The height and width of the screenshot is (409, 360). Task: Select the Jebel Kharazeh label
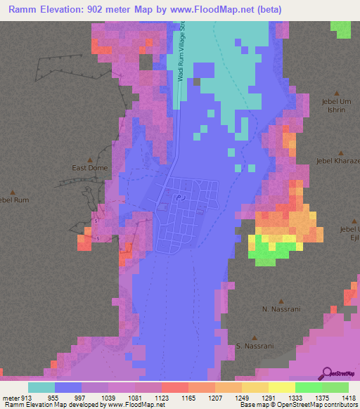[338, 161]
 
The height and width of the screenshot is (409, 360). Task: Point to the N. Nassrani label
[276, 309]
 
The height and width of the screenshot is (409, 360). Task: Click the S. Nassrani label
[254, 346]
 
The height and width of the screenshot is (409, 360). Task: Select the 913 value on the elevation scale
[27, 398]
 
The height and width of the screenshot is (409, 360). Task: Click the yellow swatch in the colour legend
[281, 387]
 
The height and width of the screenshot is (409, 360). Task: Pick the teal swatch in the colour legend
[41, 387]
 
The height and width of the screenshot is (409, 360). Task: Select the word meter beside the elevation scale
[10, 398]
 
